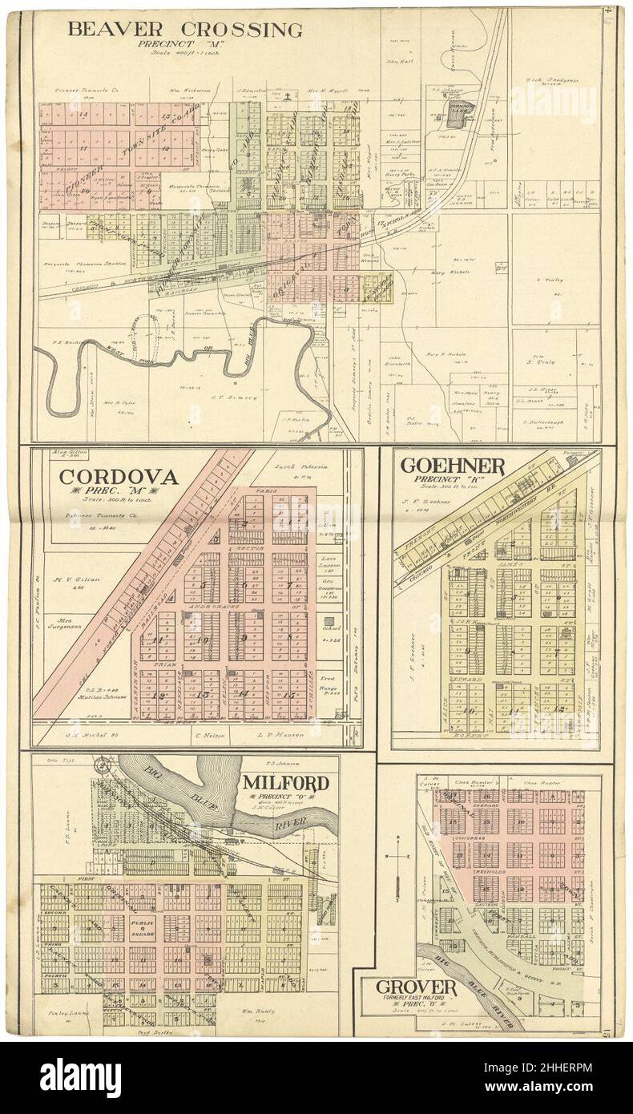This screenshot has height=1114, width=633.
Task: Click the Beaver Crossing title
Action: pos(185,30)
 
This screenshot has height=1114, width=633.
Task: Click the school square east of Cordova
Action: pos(329,622)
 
